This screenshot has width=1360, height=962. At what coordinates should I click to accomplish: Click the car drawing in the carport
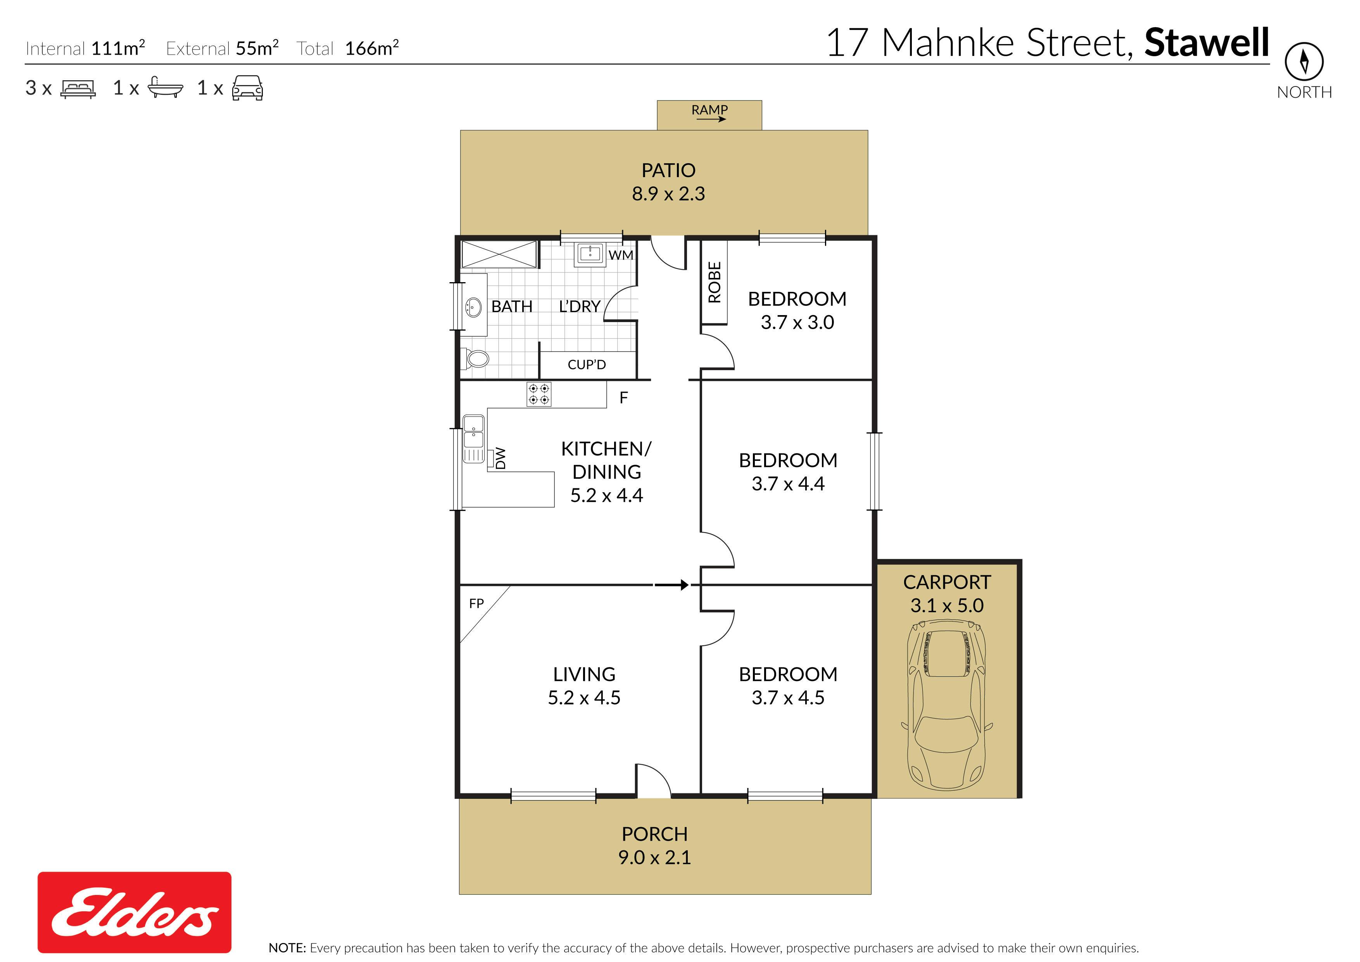947,705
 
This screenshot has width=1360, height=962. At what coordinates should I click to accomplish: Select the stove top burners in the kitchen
538,394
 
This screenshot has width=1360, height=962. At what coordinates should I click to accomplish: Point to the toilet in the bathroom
476,358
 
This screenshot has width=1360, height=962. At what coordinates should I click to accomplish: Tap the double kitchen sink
473,439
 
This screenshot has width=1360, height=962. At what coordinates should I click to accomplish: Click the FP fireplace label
476,603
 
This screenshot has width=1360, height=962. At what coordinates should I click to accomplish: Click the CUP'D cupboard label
587,364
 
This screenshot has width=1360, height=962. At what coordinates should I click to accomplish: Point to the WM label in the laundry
621,255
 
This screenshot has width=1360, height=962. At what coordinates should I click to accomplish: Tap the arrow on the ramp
711,119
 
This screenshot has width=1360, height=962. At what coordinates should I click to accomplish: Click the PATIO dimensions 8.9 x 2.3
668,194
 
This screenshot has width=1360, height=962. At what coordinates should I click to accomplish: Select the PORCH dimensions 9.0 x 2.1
654,857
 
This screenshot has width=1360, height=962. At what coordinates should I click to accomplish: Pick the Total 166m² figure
348,48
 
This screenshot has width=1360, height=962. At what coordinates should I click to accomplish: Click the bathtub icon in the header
165,87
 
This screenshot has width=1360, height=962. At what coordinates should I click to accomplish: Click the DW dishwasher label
501,458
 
